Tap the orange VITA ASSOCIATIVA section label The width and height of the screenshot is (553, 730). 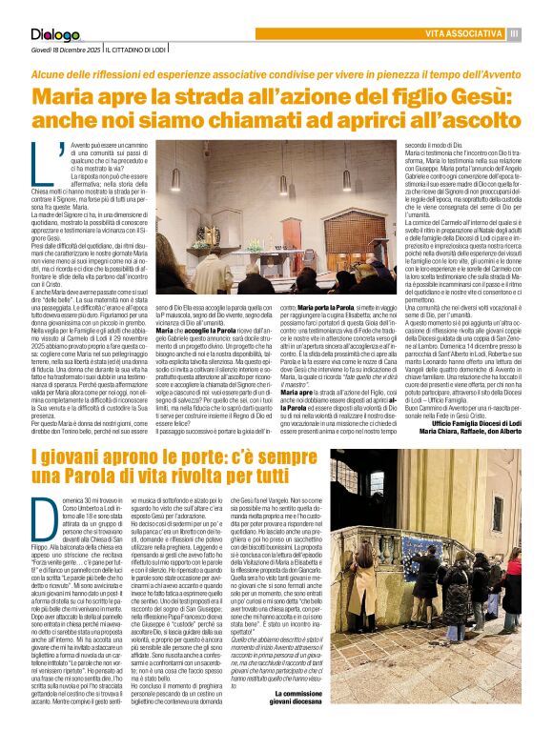click(x=461, y=34)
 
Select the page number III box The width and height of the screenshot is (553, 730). click(x=515, y=34)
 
